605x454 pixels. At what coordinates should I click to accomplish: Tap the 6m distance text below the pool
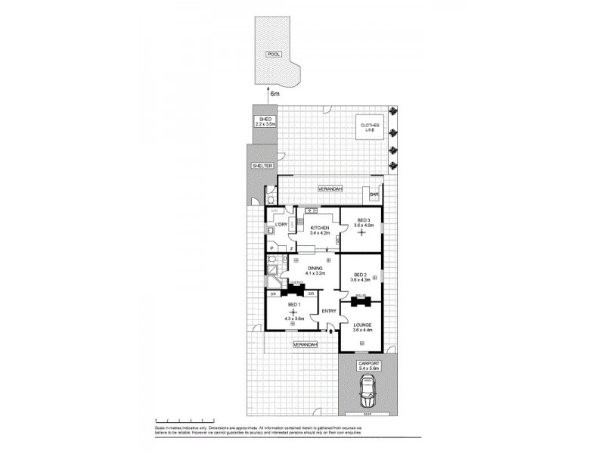point(275,94)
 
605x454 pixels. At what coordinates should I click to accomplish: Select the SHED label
point(265,120)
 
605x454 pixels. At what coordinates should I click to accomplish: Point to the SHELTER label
point(261,166)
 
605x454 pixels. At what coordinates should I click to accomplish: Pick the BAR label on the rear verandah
point(374,194)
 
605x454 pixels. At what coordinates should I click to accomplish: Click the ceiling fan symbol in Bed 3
point(361,234)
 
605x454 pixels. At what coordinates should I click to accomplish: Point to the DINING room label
point(315,268)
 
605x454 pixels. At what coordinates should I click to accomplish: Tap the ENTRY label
point(328,311)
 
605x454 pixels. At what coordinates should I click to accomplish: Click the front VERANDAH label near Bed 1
point(305,344)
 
